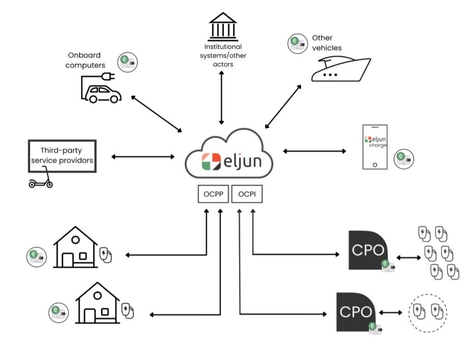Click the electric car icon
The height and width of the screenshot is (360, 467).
tap(103, 94)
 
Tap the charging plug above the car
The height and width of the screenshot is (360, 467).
tap(107, 77)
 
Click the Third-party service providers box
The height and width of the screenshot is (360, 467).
tap(62, 155)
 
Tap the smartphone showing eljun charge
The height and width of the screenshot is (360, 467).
tap(374, 146)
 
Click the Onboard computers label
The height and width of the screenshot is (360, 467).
tap(86, 60)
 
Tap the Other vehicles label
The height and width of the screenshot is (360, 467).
tap(326, 43)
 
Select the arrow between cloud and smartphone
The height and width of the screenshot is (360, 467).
tap(314, 151)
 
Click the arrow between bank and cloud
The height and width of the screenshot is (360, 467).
tap(222, 98)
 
